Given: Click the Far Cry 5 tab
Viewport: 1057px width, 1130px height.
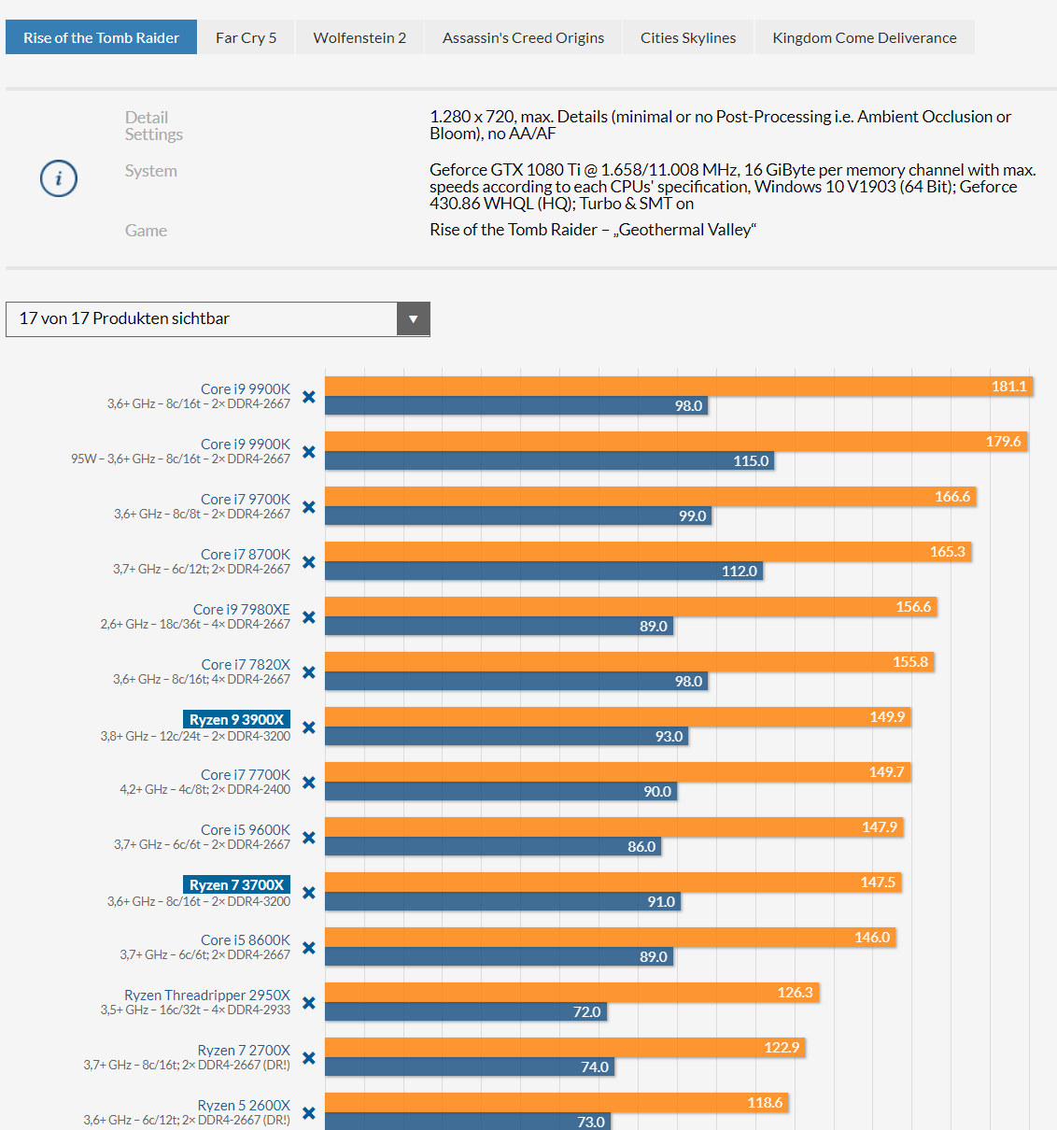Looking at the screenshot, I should pos(246,37).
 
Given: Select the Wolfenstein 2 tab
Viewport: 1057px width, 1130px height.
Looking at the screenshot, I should pos(359,37).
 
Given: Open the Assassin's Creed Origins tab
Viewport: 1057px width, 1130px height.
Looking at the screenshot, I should pos(523,37).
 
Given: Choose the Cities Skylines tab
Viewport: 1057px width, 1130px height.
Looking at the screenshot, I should pos(688,37).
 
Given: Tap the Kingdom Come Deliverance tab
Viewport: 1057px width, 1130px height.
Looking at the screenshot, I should pos(864,37).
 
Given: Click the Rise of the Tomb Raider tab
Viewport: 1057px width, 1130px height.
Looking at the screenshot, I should pos(101,37).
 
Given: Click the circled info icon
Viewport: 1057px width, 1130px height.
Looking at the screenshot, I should pos(58,178).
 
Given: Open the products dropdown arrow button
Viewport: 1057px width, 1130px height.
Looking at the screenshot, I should pos(413,319).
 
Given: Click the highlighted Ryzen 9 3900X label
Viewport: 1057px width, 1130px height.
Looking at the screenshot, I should pos(236,719).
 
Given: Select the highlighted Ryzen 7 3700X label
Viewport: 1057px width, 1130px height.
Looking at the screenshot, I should pos(236,884).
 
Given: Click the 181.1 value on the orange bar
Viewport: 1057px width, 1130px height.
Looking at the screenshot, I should pos(1008,387).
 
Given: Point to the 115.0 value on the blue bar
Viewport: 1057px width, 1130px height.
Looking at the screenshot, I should pos(751,461).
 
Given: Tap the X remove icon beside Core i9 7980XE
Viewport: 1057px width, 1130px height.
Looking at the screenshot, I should pos(309,617).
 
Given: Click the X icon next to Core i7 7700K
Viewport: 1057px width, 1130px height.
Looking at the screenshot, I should pos(309,783).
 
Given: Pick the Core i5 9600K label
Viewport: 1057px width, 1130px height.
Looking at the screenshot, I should pos(246,829).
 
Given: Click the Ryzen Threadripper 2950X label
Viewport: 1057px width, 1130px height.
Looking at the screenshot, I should pos(207,995).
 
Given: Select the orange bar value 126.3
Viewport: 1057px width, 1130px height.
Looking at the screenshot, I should pos(795,993).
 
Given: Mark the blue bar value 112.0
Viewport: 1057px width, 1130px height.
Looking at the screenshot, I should pos(739,572).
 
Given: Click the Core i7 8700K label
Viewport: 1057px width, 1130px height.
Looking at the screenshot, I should pos(246,554).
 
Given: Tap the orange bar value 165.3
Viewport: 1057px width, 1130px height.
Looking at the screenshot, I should pos(947,552).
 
